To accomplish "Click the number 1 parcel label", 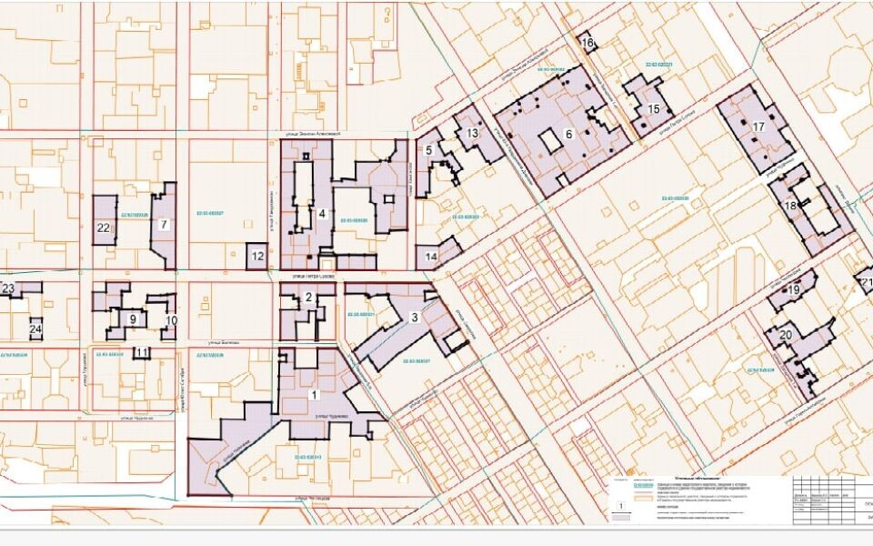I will tap(315, 395).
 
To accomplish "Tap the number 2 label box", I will tap(308, 298).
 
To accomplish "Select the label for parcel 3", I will tap(414, 318).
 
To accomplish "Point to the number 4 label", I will tap(323, 215).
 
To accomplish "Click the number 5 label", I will tap(427, 150).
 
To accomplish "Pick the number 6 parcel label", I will tap(568, 134).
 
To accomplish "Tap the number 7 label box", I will tap(163, 224).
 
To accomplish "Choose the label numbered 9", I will tap(133, 318).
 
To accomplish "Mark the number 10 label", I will tap(170, 320).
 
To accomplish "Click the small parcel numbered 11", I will tap(141, 353).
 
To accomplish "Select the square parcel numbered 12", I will tap(257, 257).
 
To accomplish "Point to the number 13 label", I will tap(472, 134).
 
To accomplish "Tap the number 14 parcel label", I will tap(431, 257).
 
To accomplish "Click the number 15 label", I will tap(653, 110).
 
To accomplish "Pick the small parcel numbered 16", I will tap(587, 43).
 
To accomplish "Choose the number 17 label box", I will tap(758, 127).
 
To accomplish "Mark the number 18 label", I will tap(789, 207).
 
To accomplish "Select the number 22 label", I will tap(104, 228).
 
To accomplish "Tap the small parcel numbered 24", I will tap(36, 329).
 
